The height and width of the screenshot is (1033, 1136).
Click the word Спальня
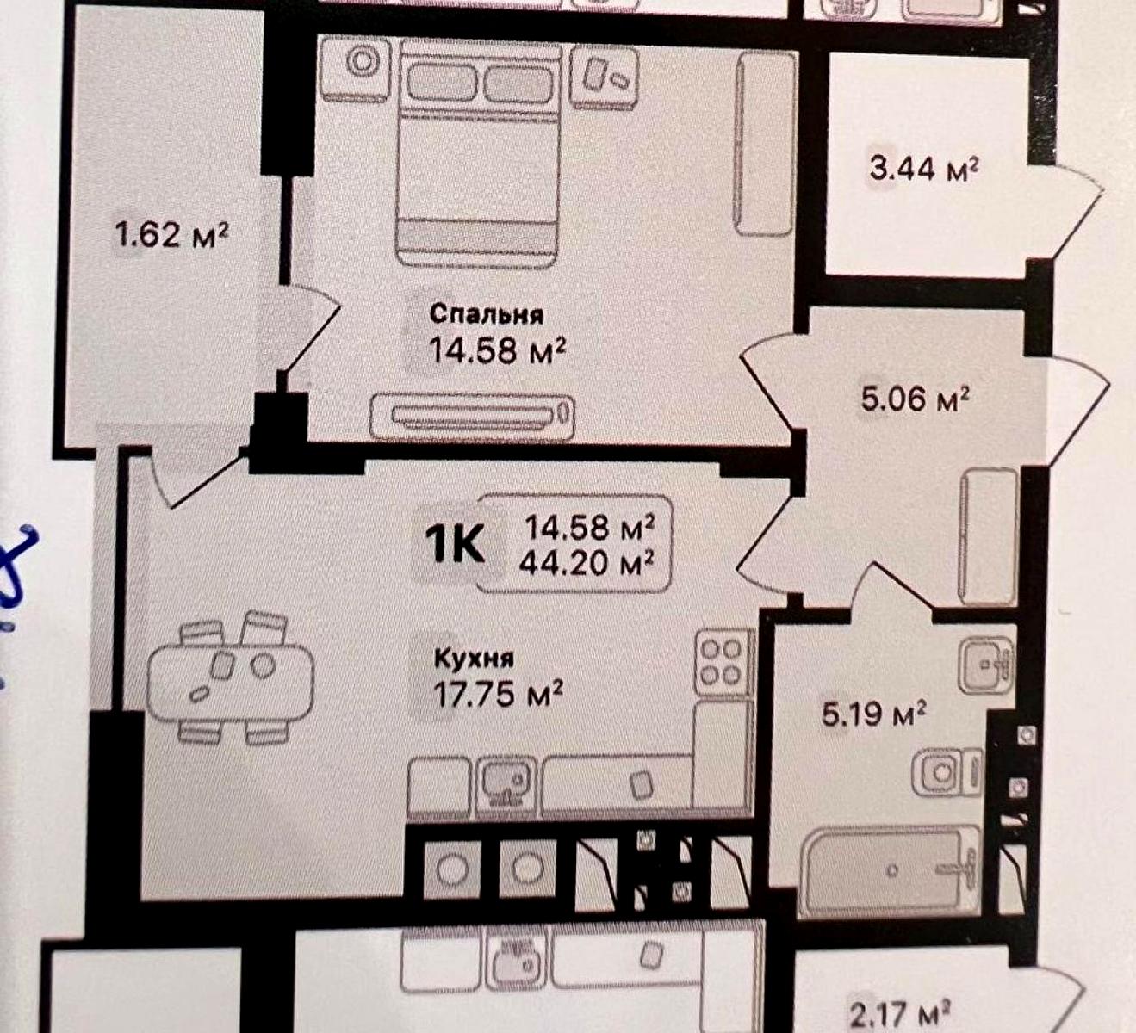pyautogui.click(x=487, y=315)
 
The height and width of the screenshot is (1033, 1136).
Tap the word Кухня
pyautogui.click(x=474, y=659)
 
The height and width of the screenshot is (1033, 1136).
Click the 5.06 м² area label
pyautogui.click(x=916, y=399)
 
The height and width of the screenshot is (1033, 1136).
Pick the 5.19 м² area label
pyautogui.click(x=873, y=714)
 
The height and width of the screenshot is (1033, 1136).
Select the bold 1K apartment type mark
pyautogui.click(x=455, y=545)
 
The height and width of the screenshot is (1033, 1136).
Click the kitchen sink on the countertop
pyautogui.click(x=506, y=783)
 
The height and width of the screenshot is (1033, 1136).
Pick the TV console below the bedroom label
pyautogui.click(x=473, y=417)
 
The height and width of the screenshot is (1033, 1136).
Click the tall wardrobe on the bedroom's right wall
pyautogui.click(x=764, y=142)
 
